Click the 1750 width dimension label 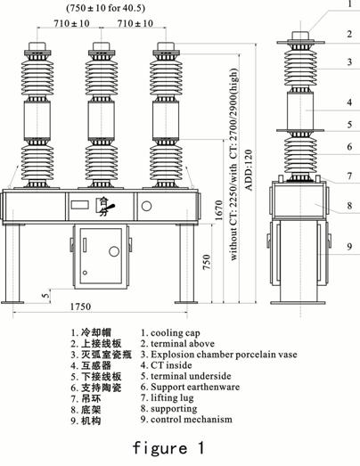[x=80, y=307]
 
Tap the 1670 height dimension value [x=219, y=210]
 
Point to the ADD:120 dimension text [x=249, y=170]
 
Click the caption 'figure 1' [x=168, y=447]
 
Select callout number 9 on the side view [x=349, y=247]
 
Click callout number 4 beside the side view [x=349, y=102]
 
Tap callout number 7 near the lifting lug [x=349, y=176]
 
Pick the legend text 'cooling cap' [x=175, y=333]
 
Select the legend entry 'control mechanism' [x=192, y=420]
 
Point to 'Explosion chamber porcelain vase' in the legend [x=224, y=355]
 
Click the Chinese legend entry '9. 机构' [x=86, y=421]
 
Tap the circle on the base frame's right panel [x=146, y=206]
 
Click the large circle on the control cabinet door [x=114, y=251]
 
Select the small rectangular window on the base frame [x=79, y=205]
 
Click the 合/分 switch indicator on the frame [x=104, y=206]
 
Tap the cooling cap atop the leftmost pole [x=37, y=46]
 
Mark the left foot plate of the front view [x=12, y=303]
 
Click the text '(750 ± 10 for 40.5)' [x=105, y=8]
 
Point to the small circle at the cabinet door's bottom [x=85, y=273]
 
